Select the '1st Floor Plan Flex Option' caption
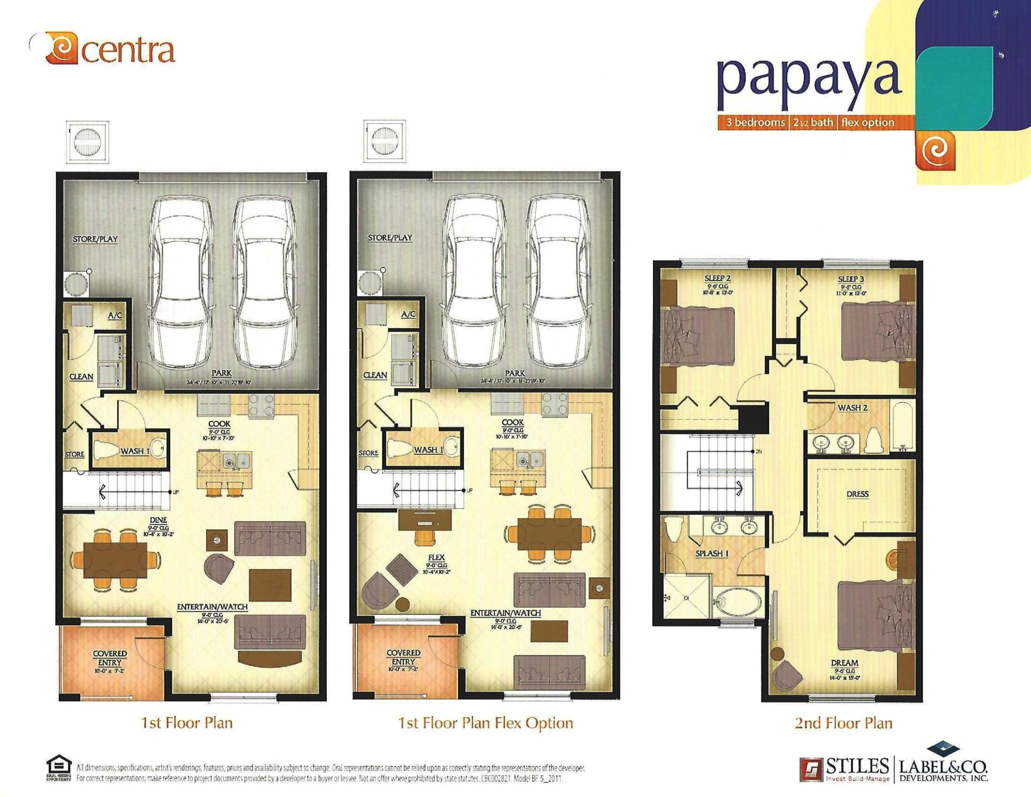(485, 723)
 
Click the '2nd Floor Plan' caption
(843, 723)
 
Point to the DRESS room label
(857, 494)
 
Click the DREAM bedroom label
(844, 663)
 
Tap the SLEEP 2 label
(717, 279)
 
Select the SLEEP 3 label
(851, 279)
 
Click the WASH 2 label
(852, 407)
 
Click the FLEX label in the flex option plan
(436, 557)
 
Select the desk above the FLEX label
(423, 520)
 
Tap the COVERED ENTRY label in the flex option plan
(403, 657)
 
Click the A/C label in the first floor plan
(115, 315)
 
